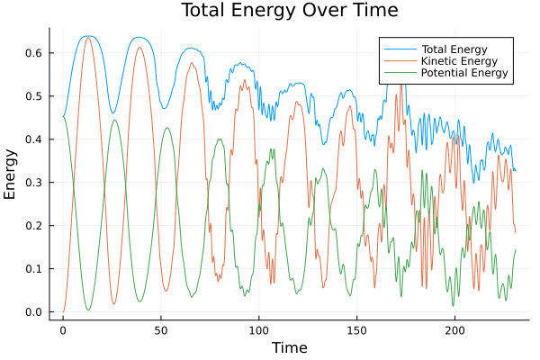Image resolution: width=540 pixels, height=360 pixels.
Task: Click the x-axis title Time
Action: click(290, 347)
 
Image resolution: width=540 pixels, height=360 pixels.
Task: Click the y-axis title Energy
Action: click(11, 174)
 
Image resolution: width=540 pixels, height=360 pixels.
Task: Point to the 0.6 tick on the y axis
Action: click(34, 53)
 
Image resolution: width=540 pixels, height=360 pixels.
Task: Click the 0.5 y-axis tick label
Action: click(34, 96)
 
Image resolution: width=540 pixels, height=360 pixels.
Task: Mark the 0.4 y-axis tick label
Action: click(34, 139)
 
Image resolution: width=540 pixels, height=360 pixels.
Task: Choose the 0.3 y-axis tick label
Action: click(34, 183)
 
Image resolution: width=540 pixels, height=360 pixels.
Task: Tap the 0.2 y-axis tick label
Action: click(34, 226)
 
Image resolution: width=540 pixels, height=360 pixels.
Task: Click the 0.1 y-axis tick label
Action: click(34, 269)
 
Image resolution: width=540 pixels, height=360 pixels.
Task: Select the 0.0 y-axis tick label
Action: click(34, 312)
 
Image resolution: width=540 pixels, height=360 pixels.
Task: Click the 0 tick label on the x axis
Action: click(63, 329)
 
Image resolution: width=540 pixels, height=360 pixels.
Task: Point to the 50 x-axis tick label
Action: click(161, 329)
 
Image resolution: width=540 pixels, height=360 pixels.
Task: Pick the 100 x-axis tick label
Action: click(259, 329)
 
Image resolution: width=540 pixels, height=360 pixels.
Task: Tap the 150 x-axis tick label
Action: click(357, 329)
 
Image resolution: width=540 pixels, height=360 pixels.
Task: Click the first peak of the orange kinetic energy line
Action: click(88, 38)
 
